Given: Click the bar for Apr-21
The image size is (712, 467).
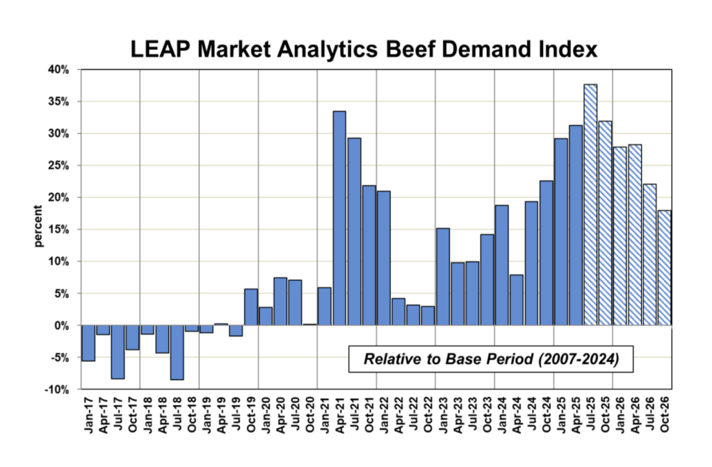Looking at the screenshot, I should pos(339,218).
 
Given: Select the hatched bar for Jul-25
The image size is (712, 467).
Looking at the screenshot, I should pos(590,205).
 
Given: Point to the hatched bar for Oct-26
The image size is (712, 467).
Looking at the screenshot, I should pos(664,268).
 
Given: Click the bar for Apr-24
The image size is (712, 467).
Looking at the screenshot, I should pos(517,300).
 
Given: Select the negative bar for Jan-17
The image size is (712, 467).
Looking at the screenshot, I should pos(88,343).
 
